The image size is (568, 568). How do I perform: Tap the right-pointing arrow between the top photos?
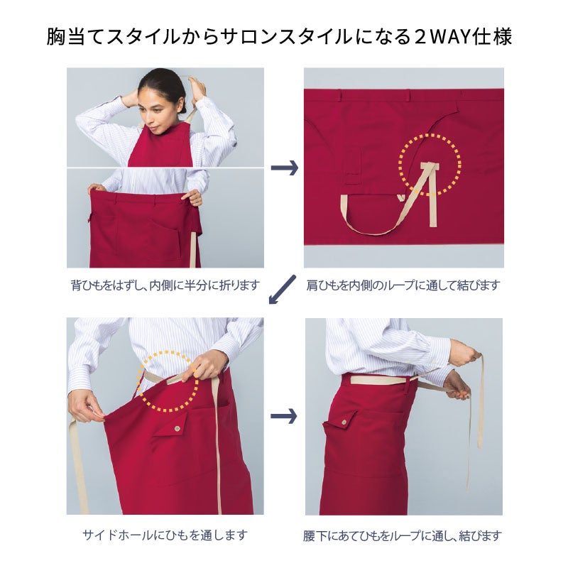point(285,168)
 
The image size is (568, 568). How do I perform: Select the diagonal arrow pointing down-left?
point(282,289)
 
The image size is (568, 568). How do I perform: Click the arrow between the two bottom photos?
point(284,416)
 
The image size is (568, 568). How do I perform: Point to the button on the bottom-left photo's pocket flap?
point(177,429)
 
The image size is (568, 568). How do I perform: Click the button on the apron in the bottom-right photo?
point(344,421)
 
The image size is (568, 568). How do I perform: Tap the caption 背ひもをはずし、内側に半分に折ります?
point(165,285)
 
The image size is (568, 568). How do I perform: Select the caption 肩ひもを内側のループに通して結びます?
point(403,285)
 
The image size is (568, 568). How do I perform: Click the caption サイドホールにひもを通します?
point(165,535)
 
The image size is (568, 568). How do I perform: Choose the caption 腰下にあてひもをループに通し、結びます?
point(403,535)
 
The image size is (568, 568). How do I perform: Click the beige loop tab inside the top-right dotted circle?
point(430,167)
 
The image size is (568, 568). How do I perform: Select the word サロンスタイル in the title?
point(288,37)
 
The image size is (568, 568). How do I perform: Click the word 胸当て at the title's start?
point(76,37)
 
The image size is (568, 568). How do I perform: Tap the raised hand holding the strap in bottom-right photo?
point(467,357)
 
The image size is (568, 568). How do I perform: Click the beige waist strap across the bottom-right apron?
point(381,380)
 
